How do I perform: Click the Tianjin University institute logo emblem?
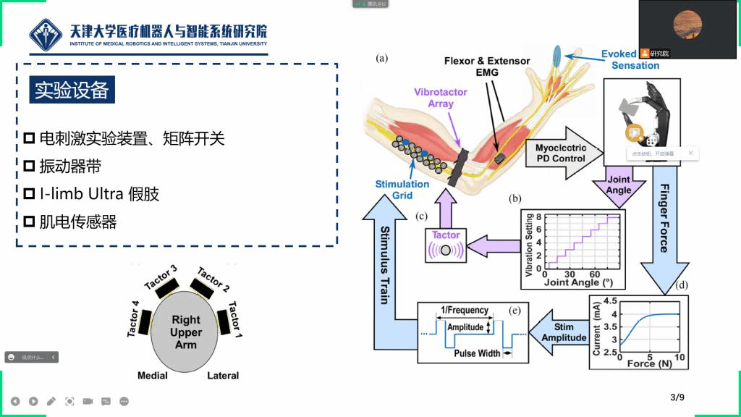tap(47, 35)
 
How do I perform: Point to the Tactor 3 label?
tap(161, 279)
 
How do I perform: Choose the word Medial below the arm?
tap(153, 376)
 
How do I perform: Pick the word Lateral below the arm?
tap(223, 376)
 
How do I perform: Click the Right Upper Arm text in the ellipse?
tap(186, 331)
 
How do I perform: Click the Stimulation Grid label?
tap(402, 190)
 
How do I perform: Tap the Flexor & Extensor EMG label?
tap(487, 67)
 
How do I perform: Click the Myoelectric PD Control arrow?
tap(560, 153)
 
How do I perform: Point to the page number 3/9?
tap(677, 397)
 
